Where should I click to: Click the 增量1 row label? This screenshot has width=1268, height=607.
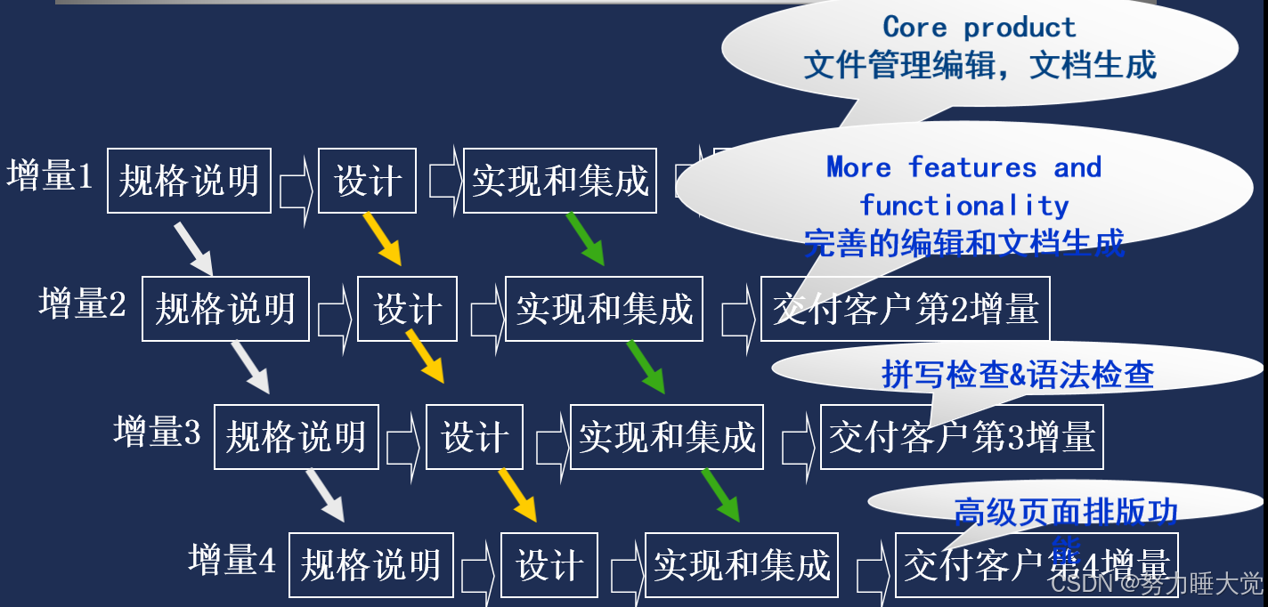[x=51, y=176]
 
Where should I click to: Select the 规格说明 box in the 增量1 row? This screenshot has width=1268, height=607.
[x=189, y=181]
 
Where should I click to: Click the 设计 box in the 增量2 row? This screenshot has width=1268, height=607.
[x=407, y=309]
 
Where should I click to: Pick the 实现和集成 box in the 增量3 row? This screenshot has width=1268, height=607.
[x=666, y=437]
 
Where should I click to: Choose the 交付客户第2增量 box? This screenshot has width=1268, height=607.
[x=905, y=309]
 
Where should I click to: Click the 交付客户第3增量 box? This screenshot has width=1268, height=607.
[x=961, y=437]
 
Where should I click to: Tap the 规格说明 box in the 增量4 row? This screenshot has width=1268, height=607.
[x=370, y=565]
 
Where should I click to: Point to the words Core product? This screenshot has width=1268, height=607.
[x=979, y=28]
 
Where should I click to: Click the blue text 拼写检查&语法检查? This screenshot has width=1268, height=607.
[x=1018, y=375]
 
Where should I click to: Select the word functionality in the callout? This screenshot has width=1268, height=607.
[x=963, y=206]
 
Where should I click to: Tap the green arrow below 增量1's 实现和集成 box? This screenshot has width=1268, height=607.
[x=585, y=238]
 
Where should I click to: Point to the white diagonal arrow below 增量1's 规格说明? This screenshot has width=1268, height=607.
[x=193, y=248]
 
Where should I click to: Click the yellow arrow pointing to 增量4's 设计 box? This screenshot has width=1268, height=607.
[x=516, y=494]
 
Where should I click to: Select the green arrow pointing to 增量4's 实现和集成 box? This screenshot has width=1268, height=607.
[x=720, y=494]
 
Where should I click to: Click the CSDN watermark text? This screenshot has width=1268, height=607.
[x=1156, y=584]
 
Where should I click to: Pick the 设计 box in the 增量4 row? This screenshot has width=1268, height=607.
[x=549, y=565]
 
